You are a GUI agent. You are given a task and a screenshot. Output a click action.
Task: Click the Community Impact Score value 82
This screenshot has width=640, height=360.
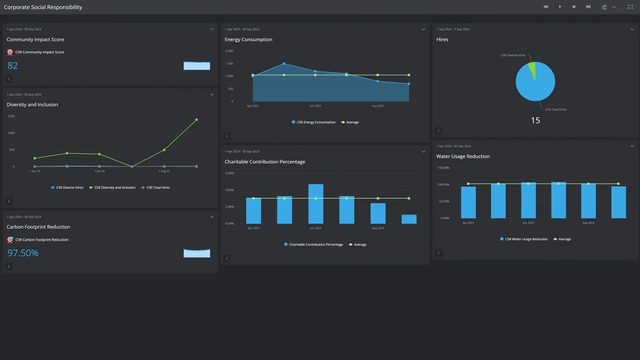pyautogui.click(x=13, y=66)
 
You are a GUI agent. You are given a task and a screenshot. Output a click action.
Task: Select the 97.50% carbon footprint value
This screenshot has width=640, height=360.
pyautogui.click(x=23, y=253)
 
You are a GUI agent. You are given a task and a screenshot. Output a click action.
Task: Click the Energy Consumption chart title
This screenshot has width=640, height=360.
pyautogui.click(x=248, y=40)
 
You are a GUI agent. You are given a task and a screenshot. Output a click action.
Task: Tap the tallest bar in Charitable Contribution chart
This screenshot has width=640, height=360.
pyautogui.click(x=316, y=204)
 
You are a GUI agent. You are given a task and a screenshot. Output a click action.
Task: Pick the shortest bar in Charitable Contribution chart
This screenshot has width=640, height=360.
pyautogui.click(x=409, y=219)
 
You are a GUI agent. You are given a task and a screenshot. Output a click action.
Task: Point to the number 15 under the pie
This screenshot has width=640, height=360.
pyautogui.click(x=535, y=120)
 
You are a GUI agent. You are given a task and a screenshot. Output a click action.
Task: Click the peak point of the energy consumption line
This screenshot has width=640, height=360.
pyautogui.click(x=284, y=64)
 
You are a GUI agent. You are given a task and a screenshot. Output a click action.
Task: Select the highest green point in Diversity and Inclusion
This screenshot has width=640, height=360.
pyautogui.click(x=196, y=120)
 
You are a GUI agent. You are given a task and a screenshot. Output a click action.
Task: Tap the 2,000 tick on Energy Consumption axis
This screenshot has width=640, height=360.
pyautogui.click(x=229, y=51)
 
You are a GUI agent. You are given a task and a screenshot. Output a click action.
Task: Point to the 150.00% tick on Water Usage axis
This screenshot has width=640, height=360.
pyautogui.click(x=443, y=168)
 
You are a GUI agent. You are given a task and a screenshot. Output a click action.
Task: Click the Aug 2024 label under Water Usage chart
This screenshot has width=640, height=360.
pyautogui.click(x=588, y=223)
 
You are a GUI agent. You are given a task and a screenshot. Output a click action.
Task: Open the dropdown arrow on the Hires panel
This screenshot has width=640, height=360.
pyautogui.click(x=632, y=29)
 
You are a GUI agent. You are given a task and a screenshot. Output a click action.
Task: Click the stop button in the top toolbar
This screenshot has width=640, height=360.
pyautogui.click(x=574, y=7)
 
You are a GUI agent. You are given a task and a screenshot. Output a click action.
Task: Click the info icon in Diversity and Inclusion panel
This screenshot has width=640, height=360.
pyautogui.click(x=9, y=201)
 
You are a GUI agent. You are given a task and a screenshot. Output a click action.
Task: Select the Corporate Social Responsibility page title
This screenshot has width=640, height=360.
pyautogui.click(x=43, y=7)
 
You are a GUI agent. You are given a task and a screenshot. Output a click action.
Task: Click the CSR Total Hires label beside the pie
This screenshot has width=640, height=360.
pyautogui.click(x=556, y=110)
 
